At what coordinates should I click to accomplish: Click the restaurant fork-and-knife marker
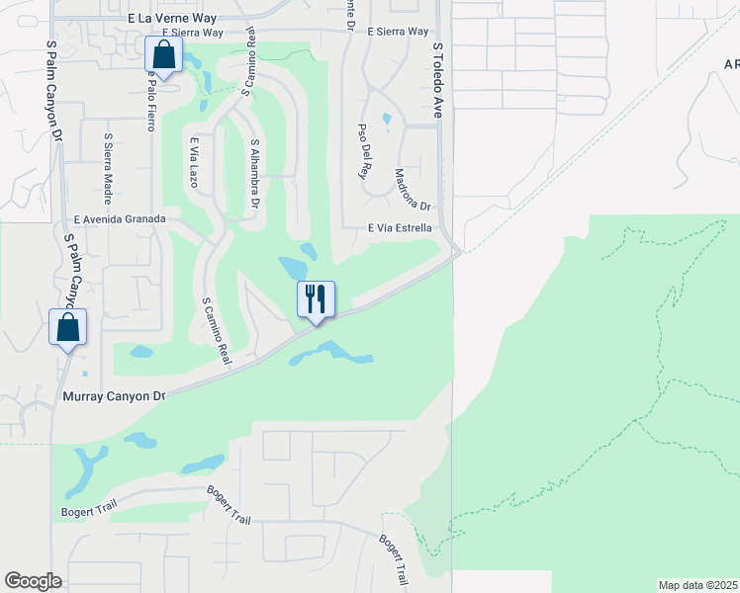point(317,298)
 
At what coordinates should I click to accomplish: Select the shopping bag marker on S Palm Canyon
point(68,327)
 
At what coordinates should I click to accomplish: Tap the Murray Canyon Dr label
point(112,396)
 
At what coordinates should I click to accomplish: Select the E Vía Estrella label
point(400,227)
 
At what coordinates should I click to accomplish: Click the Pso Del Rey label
point(364,149)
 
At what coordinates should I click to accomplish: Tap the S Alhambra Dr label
point(255,173)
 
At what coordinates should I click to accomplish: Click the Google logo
point(33,581)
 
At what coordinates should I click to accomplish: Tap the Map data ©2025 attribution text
point(698,585)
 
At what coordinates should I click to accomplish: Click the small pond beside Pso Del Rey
point(386,121)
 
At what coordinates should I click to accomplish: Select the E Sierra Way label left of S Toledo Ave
point(398,32)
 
